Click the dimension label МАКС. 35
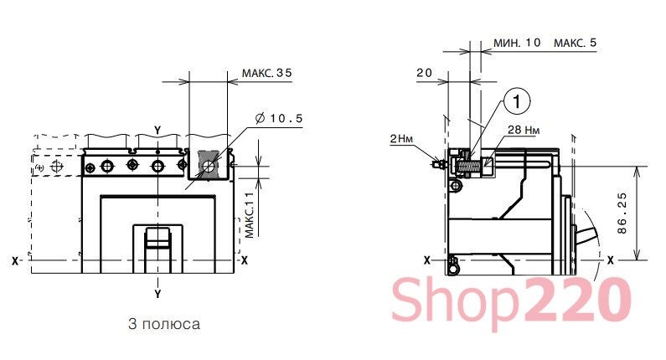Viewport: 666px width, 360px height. tap(266, 73)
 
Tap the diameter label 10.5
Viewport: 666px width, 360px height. tap(279, 118)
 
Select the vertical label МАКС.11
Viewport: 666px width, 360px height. tap(250, 215)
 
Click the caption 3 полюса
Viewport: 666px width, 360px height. tap(164, 324)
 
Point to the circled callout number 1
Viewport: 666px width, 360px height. tap(517, 101)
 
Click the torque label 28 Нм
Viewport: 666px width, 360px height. tap(524, 130)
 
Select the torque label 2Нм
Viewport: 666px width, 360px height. tap(401, 139)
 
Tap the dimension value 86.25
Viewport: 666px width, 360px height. tap(622, 213)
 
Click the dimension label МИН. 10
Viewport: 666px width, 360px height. tap(517, 43)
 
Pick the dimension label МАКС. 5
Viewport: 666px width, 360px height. tap(575, 43)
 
